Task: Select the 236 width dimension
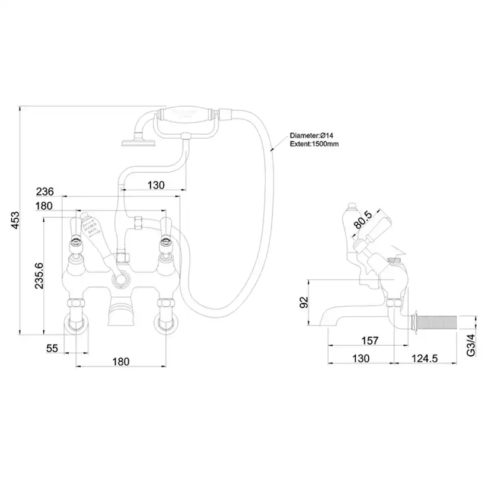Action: click(x=45, y=192)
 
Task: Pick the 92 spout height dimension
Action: click(x=303, y=302)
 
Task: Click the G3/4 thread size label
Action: click(x=470, y=344)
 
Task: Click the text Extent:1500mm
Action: click(x=314, y=144)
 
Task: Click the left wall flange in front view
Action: click(x=76, y=324)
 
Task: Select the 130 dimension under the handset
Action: click(x=155, y=185)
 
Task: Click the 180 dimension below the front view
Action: click(x=120, y=362)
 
